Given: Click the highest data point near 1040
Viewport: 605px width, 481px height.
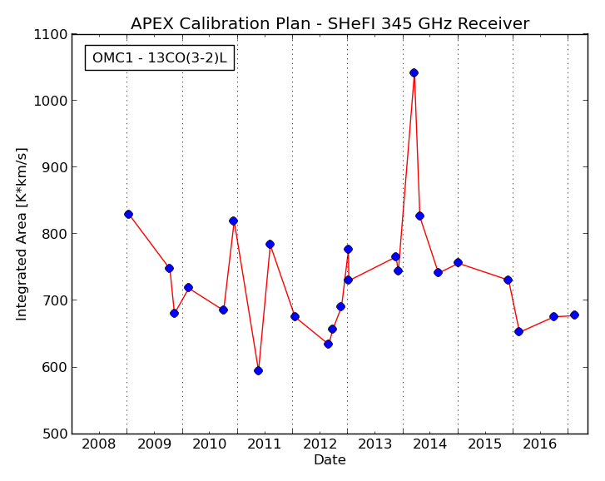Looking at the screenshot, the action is [414, 73].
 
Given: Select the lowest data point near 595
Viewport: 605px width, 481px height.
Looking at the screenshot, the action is [259, 370].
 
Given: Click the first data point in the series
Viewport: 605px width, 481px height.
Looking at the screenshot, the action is [128, 215].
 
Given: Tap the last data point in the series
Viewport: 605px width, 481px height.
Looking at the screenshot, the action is [574, 315].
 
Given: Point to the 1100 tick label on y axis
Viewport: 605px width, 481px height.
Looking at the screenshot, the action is [50, 35].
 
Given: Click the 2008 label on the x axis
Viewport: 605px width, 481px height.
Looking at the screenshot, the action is [99, 444].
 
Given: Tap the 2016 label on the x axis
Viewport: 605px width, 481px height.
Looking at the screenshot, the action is [540, 444].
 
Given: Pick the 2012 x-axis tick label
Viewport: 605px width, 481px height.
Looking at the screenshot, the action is [320, 444].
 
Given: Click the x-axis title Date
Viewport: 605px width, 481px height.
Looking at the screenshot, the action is [330, 460].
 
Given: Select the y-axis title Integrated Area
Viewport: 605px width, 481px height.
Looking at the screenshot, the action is [22, 234].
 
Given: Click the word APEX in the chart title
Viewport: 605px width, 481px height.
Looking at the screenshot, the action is [152, 24].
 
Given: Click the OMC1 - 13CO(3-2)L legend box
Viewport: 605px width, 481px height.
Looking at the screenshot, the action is [160, 58].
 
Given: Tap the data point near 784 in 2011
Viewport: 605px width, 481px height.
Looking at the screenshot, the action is [270, 244].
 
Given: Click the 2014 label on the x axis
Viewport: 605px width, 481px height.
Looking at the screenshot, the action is [430, 444].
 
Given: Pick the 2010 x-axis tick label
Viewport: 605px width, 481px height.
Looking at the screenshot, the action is [209, 444].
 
